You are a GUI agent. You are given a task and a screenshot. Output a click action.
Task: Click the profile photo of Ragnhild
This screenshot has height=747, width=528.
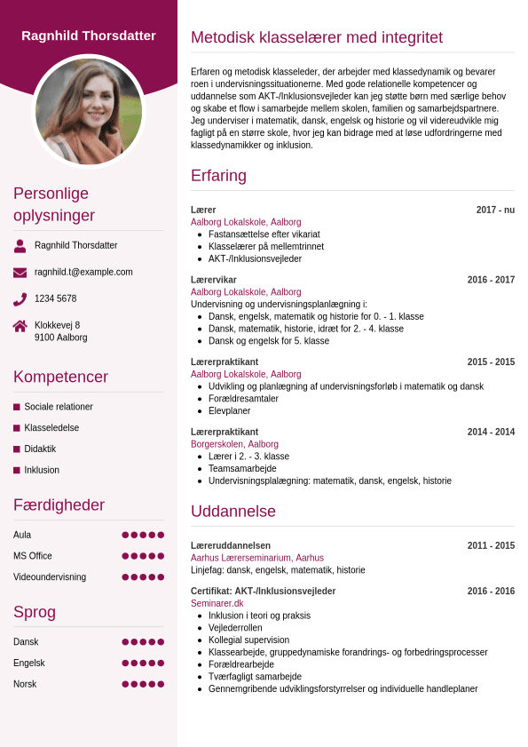pyautogui.click(x=89, y=111)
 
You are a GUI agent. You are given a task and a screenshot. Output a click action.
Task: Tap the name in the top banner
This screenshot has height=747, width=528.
pyautogui.click(x=89, y=36)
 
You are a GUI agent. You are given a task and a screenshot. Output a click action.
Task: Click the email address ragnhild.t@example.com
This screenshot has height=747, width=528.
pyautogui.click(x=83, y=272)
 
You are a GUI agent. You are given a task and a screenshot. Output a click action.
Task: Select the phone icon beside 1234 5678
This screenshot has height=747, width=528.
pyautogui.click(x=20, y=298)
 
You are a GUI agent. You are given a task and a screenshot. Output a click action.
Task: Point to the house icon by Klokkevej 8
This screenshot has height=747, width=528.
pyautogui.click(x=20, y=326)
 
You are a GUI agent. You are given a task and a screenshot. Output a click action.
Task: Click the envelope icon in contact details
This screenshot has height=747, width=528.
pyautogui.click(x=20, y=273)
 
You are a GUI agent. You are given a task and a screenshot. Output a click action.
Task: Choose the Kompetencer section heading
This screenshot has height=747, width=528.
pyautogui.click(x=60, y=377)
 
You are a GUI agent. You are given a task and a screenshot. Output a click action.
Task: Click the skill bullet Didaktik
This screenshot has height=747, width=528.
pyautogui.click(x=40, y=449)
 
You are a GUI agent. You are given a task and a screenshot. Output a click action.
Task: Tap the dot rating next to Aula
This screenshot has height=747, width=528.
pyautogui.click(x=143, y=535)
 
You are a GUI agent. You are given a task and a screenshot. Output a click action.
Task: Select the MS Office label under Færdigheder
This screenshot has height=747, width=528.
pyautogui.click(x=33, y=556)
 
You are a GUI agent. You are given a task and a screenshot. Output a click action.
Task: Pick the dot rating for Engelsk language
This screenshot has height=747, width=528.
pyautogui.click(x=143, y=663)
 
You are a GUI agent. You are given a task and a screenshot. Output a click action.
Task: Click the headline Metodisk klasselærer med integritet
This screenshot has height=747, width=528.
pyautogui.click(x=317, y=37)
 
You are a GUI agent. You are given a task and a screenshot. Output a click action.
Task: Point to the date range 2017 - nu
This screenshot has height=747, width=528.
pyautogui.click(x=495, y=210)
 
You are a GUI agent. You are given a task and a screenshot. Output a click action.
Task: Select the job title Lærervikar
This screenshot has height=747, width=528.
pyautogui.click(x=214, y=280)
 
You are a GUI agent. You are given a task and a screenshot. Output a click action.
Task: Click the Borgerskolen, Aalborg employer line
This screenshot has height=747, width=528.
pyautogui.click(x=234, y=444)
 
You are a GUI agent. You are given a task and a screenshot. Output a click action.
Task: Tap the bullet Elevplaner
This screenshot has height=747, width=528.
pyautogui.click(x=230, y=411)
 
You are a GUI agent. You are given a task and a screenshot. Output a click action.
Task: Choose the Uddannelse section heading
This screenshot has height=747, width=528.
pyautogui.click(x=233, y=512)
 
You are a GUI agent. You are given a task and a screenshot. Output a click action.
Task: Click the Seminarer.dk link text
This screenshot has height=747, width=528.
pyautogui.click(x=217, y=603)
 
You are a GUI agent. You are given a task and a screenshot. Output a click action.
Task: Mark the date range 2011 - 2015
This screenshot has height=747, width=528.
pyautogui.click(x=491, y=545)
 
